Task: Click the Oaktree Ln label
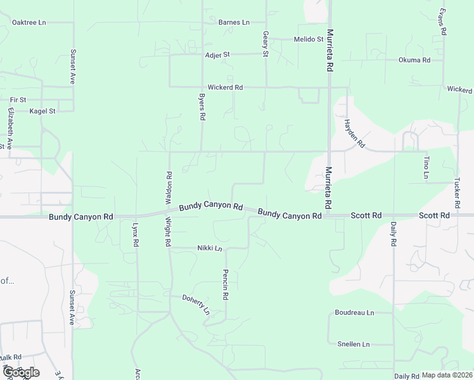click(x=29, y=22)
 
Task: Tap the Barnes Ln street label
click(x=234, y=22)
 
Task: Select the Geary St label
click(x=266, y=45)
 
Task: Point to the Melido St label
click(x=309, y=39)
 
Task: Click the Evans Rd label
click(x=444, y=22)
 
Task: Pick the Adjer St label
click(x=217, y=55)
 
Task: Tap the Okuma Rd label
click(x=414, y=60)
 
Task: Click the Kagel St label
click(x=43, y=111)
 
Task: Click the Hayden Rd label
click(x=354, y=133)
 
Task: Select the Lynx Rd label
click(x=136, y=234)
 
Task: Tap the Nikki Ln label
click(x=210, y=248)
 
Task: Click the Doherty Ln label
click(x=196, y=305)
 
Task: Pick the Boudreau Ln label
click(x=354, y=313)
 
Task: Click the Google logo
click(x=20, y=372)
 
